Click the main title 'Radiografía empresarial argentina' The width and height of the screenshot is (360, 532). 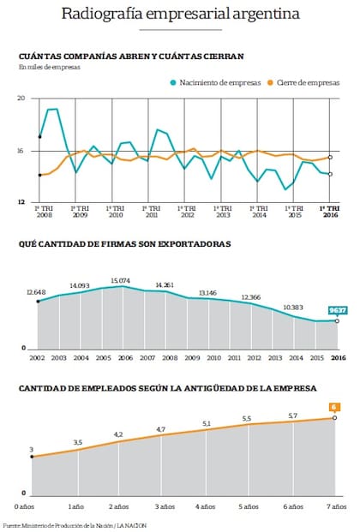tap(180, 15)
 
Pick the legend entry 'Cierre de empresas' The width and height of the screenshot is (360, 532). tap(306, 83)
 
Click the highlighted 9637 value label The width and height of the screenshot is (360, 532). tap(339, 310)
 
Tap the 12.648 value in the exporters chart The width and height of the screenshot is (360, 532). tap(36, 292)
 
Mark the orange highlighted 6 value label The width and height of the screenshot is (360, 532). tap(336, 407)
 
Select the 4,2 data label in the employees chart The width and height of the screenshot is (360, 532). tap(118, 434)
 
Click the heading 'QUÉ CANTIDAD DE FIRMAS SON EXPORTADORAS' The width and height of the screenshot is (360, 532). tap(124, 244)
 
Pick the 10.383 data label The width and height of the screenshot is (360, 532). tap(293, 307)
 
